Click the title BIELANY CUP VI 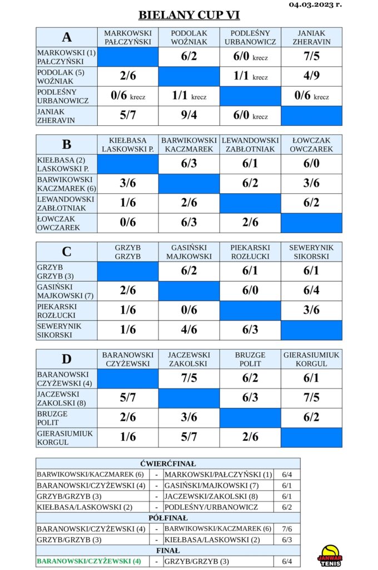189,15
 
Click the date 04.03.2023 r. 315,4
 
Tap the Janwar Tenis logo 330,556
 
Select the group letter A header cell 67,37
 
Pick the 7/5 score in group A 311,56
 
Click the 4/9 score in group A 311,76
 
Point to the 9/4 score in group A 189,115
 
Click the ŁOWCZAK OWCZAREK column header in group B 311,145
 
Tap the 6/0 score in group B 311,164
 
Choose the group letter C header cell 67,252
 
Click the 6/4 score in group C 311,291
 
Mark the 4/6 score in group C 189,330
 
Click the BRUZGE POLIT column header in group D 250,359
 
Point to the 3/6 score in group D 189,417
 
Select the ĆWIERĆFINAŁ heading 168,464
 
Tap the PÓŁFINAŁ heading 168,518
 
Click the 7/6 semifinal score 287,529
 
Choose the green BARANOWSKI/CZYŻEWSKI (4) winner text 89,561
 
